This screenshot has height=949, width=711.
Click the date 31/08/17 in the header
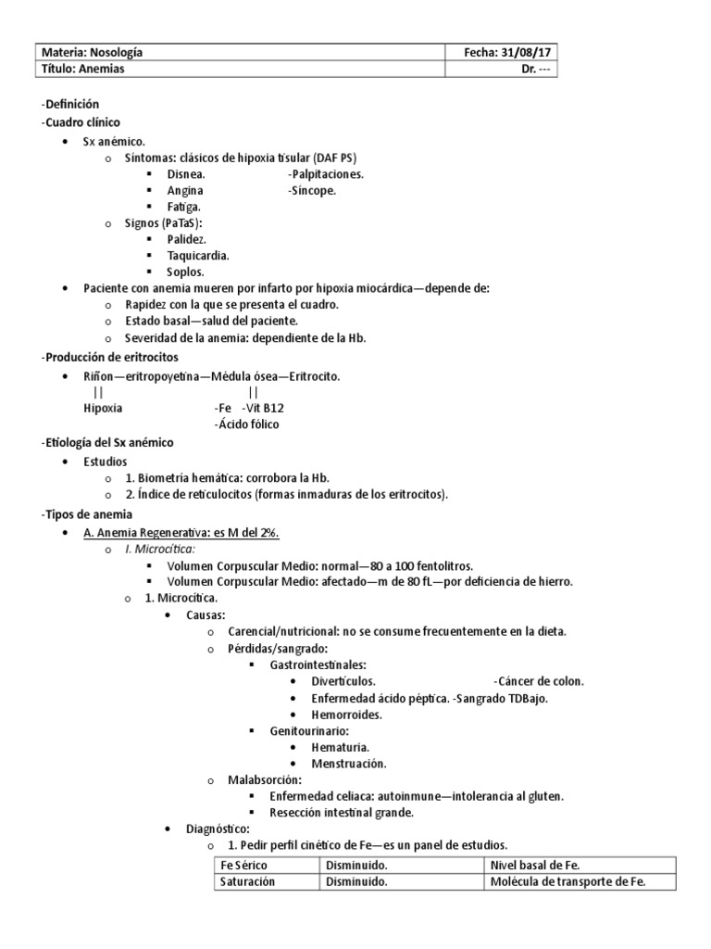click(531, 53)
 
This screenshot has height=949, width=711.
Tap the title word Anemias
click(103, 69)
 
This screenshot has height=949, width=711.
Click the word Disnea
click(186, 174)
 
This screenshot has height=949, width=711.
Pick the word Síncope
click(314, 191)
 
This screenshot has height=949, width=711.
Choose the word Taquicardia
click(198, 255)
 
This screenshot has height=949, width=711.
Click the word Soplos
click(186, 272)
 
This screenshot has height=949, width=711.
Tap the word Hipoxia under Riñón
click(103, 408)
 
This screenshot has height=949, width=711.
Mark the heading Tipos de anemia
click(89, 514)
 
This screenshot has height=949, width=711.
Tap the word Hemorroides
click(347, 715)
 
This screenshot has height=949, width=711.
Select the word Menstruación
click(349, 764)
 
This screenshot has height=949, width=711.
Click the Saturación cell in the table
click(247, 882)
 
